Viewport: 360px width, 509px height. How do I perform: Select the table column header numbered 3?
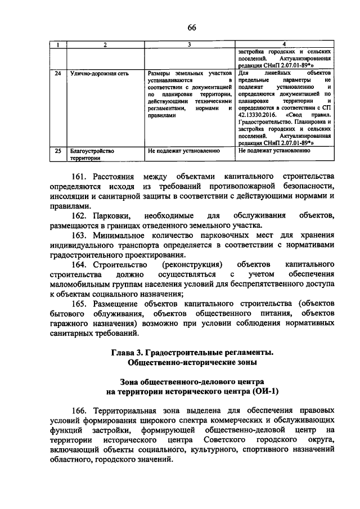(x=189, y=44)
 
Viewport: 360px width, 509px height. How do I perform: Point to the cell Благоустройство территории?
(x=92, y=154)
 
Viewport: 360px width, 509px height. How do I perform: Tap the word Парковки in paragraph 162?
(x=114, y=216)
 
